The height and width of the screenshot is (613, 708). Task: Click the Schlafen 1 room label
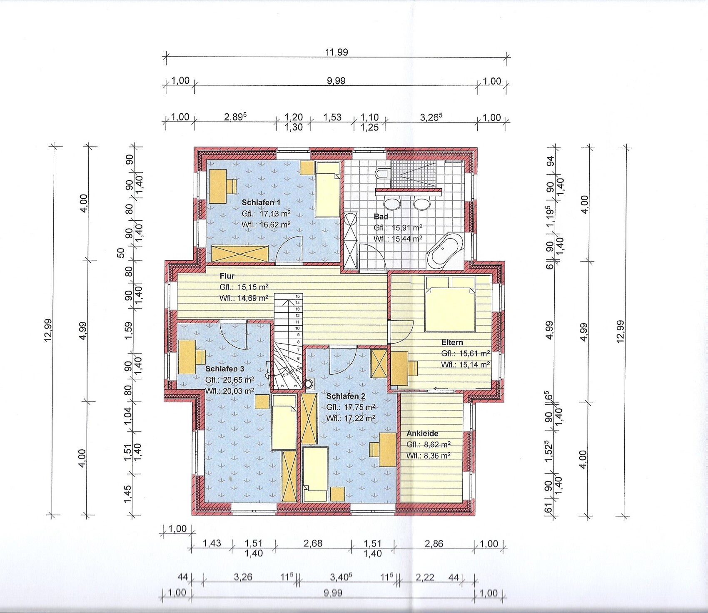[261, 202]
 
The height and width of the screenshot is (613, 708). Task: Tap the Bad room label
[381, 217]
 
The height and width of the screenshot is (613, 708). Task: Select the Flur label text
[227, 276]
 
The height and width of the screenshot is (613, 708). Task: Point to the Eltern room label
[452, 342]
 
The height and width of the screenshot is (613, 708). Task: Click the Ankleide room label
[422, 433]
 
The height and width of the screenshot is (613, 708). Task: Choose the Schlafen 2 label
[346, 396]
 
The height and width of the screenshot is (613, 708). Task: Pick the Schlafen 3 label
[225, 369]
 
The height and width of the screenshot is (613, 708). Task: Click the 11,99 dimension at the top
[337, 52]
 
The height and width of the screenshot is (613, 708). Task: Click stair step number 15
[297, 297]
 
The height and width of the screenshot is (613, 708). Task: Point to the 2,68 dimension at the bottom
[313, 543]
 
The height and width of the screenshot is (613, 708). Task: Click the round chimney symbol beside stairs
[309, 384]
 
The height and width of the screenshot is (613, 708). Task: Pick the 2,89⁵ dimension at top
[236, 117]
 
